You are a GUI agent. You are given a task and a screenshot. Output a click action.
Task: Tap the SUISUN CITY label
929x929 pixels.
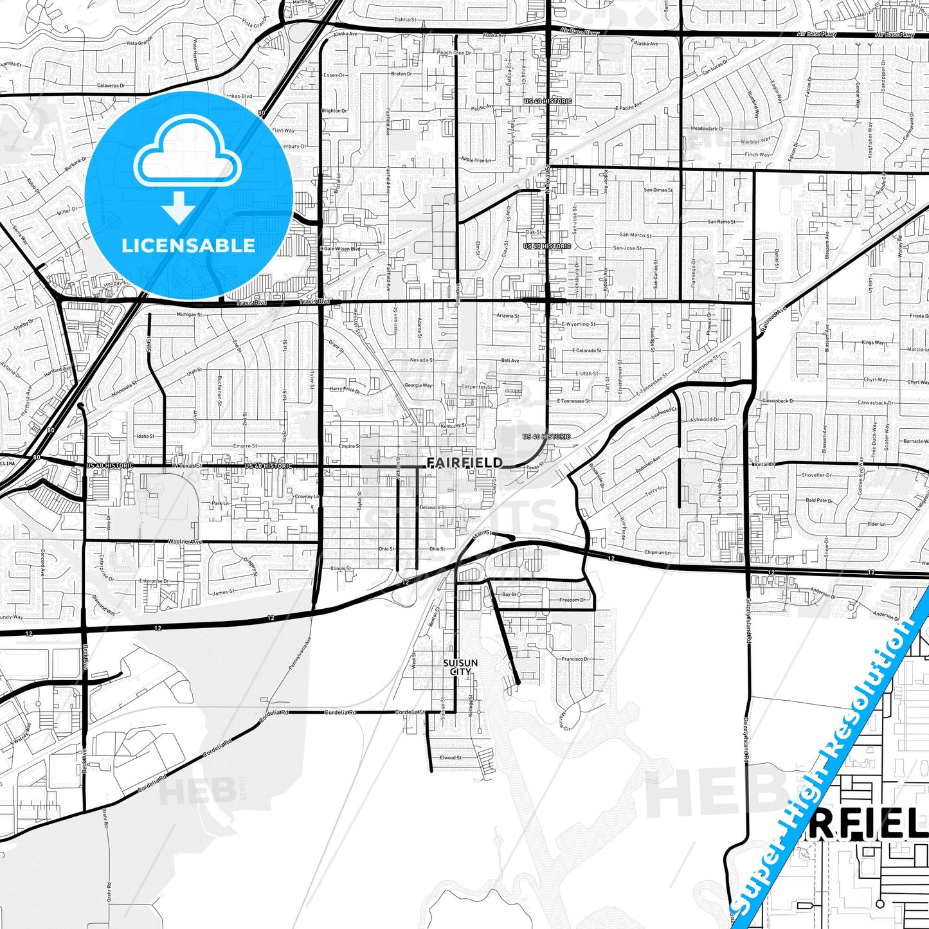point(460,667)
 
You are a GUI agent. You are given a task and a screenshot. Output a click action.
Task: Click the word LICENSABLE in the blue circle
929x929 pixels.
point(188,245)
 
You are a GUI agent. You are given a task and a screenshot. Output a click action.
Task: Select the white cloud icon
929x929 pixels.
point(187,155)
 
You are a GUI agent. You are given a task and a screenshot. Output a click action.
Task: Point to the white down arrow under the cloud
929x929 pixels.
point(179,208)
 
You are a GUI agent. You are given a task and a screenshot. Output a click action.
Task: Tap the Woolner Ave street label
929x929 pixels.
point(185,542)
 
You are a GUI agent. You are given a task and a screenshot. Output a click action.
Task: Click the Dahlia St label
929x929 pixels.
point(406,20)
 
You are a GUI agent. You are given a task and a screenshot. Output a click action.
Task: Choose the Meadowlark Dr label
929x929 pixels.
point(707,129)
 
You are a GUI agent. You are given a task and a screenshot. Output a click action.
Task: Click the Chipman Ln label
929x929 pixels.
point(657,552)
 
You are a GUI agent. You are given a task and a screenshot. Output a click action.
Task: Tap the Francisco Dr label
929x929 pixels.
point(575,659)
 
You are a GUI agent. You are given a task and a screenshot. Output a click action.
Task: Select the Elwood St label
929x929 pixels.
point(450,758)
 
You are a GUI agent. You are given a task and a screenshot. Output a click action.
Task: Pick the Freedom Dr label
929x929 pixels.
point(572,600)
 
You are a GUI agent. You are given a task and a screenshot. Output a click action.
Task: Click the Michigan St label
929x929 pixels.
point(189,315)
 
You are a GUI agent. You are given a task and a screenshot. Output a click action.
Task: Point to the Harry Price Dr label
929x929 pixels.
point(345,389)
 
